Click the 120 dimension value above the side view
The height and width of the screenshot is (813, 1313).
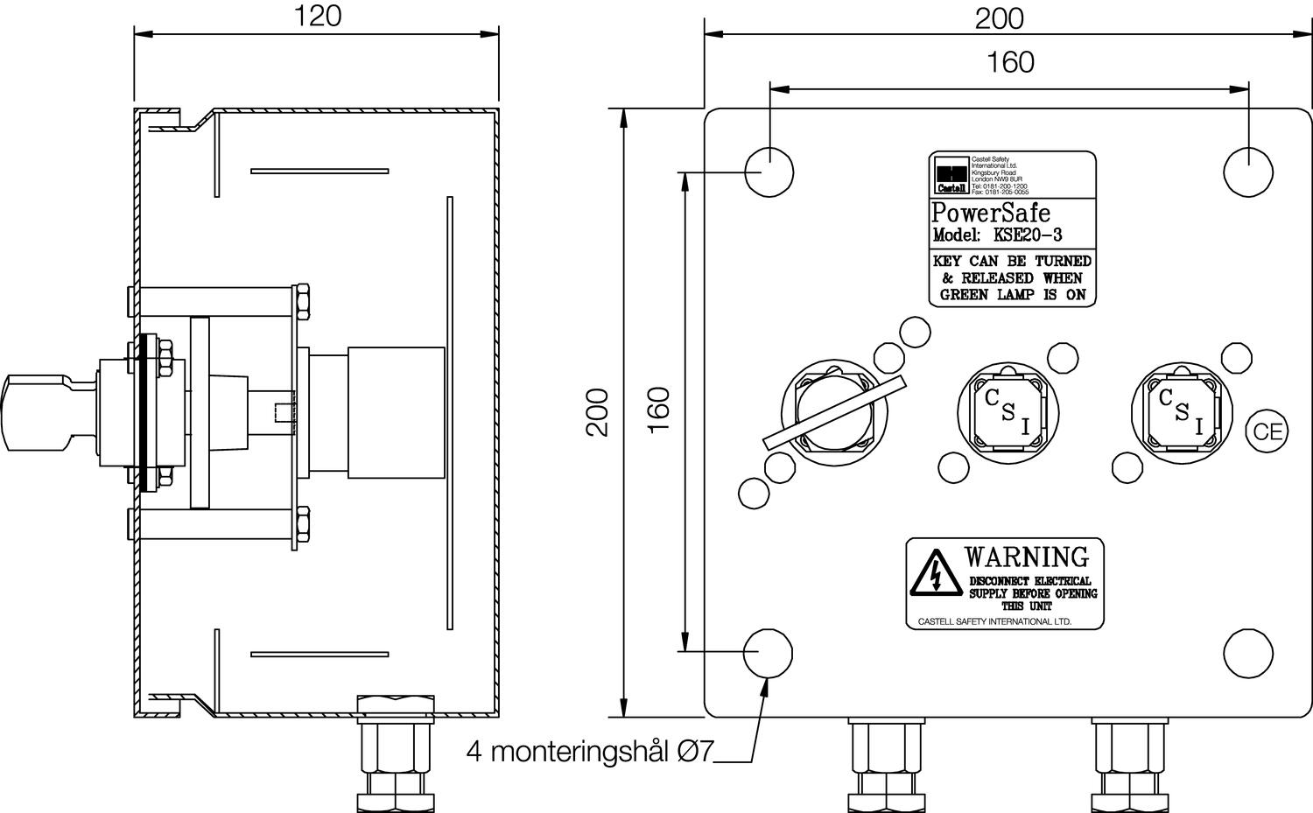tap(316, 17)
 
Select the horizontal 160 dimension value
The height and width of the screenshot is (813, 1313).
tap(1010, 62)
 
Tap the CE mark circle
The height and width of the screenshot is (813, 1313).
tap(1267, 431)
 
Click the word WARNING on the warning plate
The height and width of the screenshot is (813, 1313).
tap(1026, 557)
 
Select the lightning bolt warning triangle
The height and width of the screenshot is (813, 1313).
tap(936, 574)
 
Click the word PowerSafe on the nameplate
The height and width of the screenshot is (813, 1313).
tap(990, 214)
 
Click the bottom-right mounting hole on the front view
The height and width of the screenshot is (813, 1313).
tap(1247, 653)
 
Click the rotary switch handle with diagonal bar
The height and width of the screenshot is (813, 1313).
tap(834, 411)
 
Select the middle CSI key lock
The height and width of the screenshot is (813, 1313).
tap(1009, 408)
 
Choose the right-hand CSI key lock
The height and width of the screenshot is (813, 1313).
tap(1183, 408)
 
